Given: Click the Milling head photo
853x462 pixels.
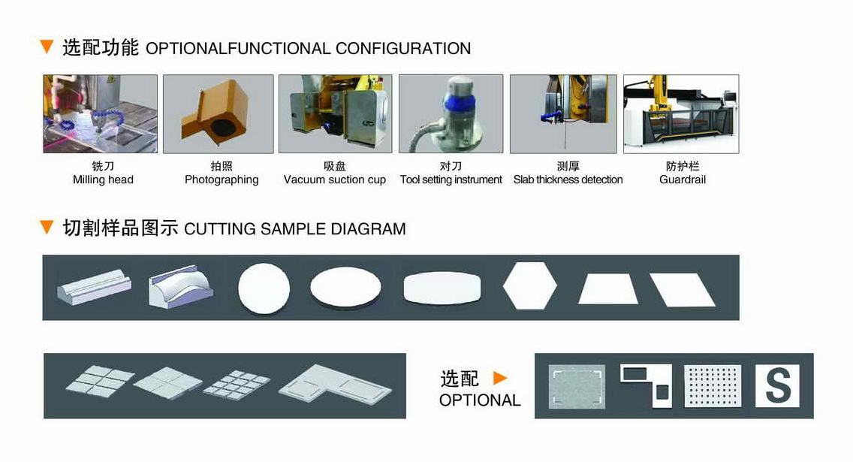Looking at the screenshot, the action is (x=100, y=113).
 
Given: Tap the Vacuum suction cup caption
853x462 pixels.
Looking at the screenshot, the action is (x=335, y=180).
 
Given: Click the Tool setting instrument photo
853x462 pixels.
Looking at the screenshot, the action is (x=451, y=113).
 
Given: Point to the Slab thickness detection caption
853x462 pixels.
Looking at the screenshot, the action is (x=568, y=180).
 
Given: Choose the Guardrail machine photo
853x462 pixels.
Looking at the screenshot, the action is (x=681, y=113).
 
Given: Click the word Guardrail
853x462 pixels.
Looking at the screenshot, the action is (x=683, y=180).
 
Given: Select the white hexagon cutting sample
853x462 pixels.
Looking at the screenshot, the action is (x=530, y=285).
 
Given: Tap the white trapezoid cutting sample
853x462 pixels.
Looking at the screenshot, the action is (x=607, y=289).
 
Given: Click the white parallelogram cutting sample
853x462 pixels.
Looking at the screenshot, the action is (x=683, y=289).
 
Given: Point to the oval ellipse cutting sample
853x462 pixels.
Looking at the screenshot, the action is (x=346, y=286).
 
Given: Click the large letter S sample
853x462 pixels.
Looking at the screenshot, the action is (x=778, y=386).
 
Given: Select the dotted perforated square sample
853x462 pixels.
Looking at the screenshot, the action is (x=712, y=386).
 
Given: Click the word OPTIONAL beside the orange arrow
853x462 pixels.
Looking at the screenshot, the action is (x=480, y=400).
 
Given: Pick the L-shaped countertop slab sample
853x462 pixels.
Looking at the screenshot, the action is (x=335, y=385).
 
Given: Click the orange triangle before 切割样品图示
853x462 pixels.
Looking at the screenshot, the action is (x=47, y=227).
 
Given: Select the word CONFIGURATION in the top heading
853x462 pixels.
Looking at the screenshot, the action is (x=403, y=48).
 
